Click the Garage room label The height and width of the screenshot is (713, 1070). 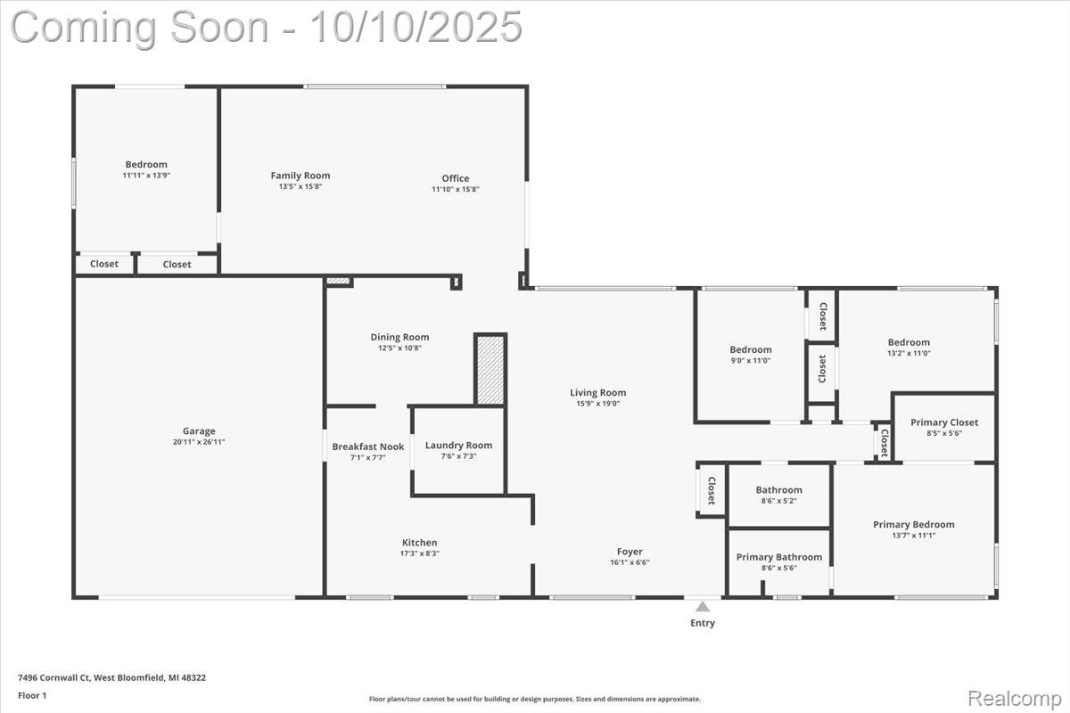[200, 431]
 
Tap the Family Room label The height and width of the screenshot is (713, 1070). [300, 176]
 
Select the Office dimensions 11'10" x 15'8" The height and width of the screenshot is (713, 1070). [456, 189]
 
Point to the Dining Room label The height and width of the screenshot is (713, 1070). [399, 337]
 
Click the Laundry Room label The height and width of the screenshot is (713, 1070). [458, 446]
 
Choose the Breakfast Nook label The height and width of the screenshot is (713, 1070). [367, 447]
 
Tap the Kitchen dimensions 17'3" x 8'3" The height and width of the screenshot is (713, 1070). [419, 553]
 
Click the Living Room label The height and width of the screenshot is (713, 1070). [597, 392]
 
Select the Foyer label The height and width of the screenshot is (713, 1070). [630, 552]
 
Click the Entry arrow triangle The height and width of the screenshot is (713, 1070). [703, 607]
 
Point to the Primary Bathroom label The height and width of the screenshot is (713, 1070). [778, 557]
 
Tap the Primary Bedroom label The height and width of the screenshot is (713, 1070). [913, 524]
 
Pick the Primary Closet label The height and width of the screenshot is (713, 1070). [943, 422]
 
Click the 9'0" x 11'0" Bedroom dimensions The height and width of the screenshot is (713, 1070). [750, 361]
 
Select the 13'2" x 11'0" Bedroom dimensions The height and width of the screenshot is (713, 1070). [909, 353]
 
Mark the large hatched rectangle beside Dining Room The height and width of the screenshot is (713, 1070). [490, 370]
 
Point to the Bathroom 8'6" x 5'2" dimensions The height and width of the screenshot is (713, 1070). [778, 501]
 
